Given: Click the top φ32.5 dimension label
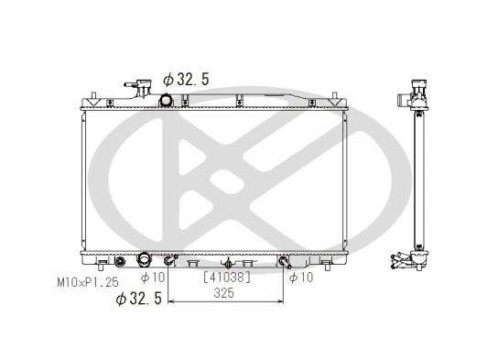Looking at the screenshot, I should pos(186,80).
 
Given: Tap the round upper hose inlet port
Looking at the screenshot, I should pos(167,101).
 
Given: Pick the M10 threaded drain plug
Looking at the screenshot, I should pos(119,262).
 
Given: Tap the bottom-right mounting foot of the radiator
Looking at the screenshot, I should pos(336,260).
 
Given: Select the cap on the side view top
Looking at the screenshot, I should pos(420,90).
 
